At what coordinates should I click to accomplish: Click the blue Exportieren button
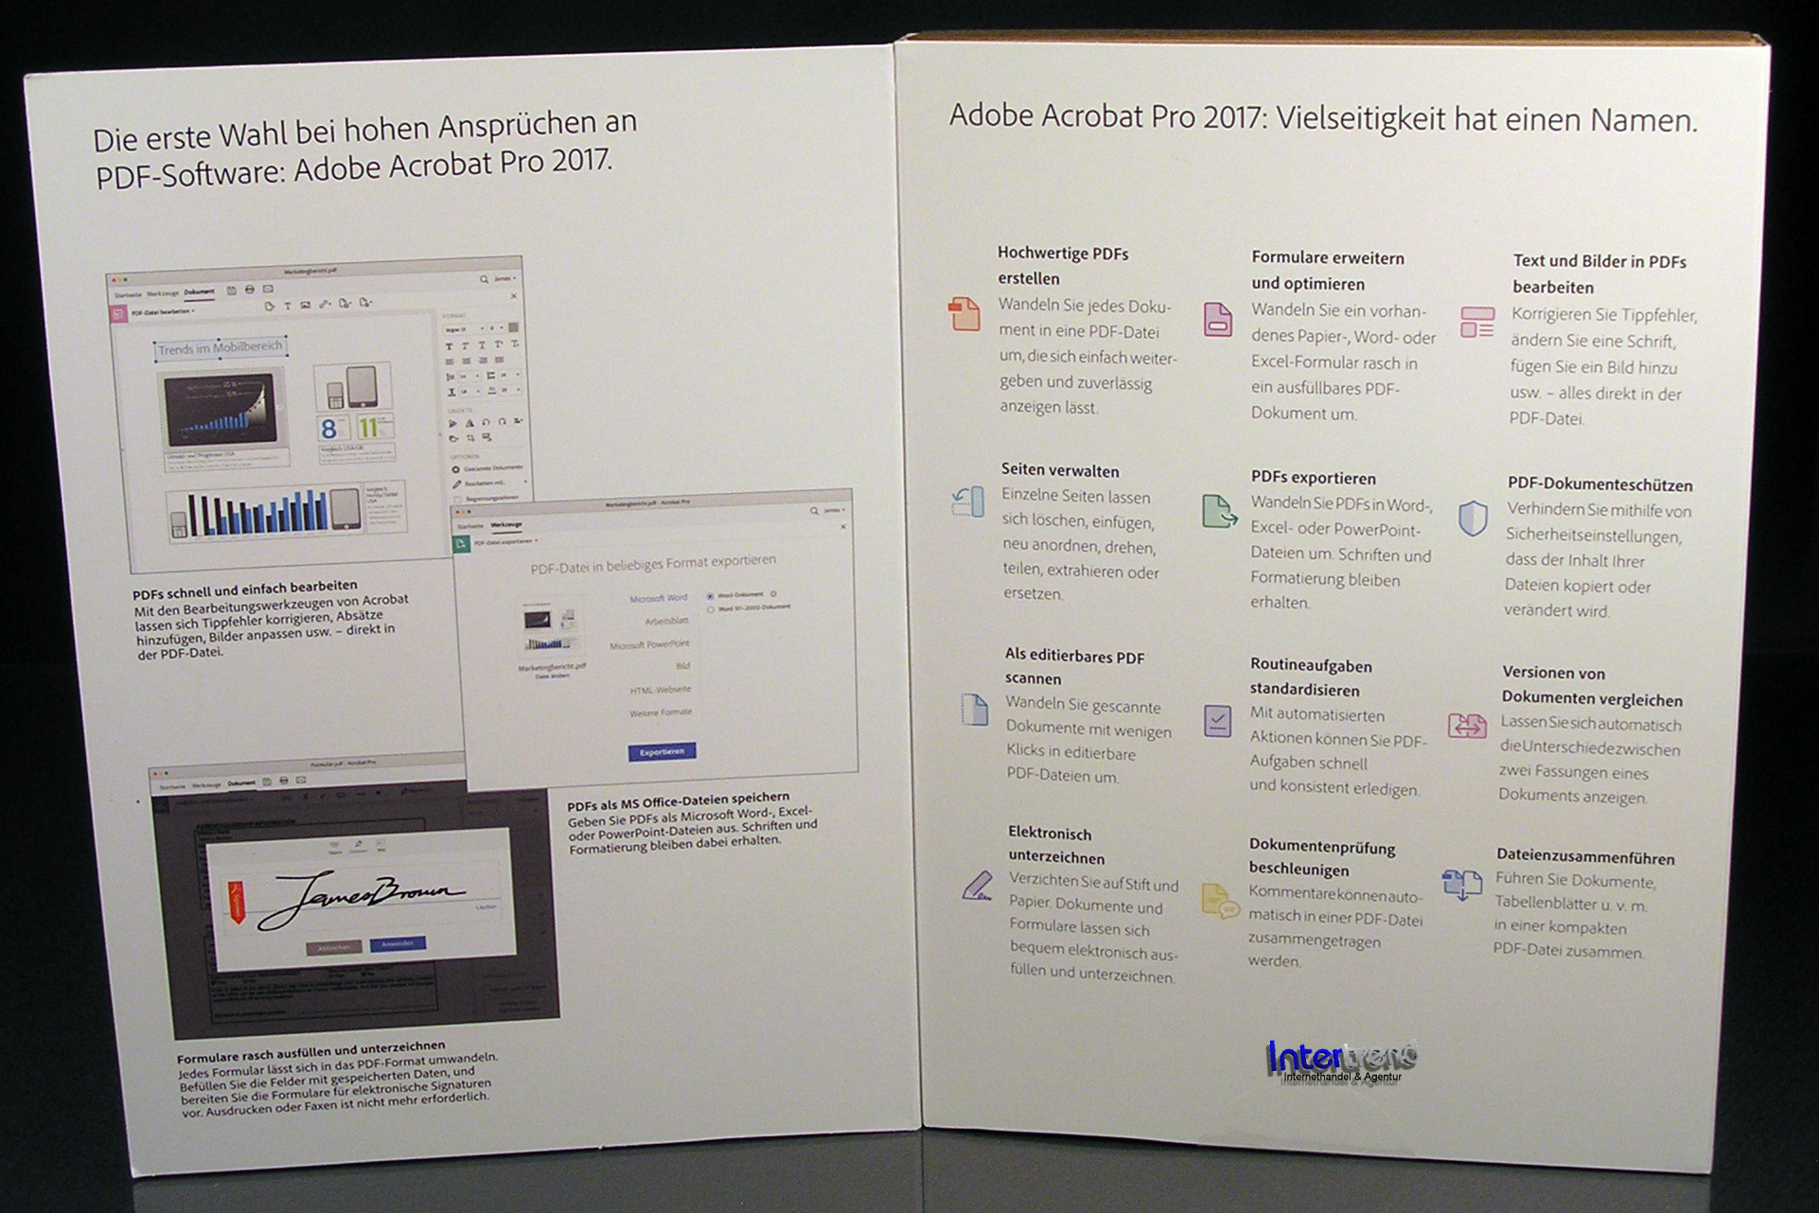[662, 751]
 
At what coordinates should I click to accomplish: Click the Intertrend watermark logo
[1341, 1062]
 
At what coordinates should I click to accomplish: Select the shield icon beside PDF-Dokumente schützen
[1473, 519]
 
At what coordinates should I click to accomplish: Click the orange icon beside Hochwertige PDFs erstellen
[963, 313]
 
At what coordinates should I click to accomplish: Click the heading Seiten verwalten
[1060, 470]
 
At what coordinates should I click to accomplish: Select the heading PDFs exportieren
[1314, 478]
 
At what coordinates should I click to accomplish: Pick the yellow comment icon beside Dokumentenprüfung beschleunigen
[1219, 902]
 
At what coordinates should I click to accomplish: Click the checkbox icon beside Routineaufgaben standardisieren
[1217, 721]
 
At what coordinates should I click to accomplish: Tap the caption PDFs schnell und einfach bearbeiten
[244, 589]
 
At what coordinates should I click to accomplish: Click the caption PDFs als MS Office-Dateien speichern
[678, 801]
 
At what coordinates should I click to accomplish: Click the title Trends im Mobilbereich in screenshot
[221, 348]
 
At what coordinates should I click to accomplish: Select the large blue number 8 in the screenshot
[329, 428]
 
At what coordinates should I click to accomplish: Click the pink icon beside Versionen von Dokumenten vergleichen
[1467, 726]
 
